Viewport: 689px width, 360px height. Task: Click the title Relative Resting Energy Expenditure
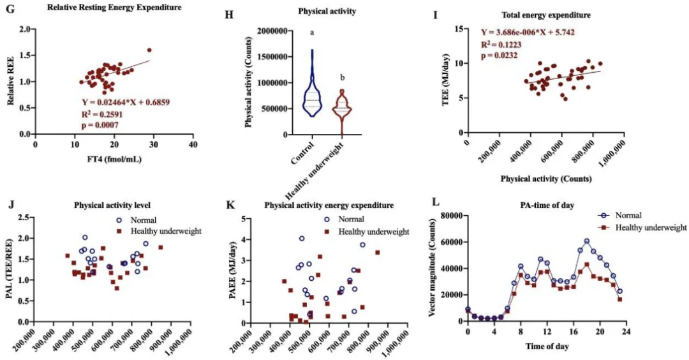tap(115, 7)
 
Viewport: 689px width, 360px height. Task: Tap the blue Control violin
tap(312, 89)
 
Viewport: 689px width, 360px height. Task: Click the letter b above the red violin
tap(343, 78)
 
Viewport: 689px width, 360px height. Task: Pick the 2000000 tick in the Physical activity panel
tap(270, 30)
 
